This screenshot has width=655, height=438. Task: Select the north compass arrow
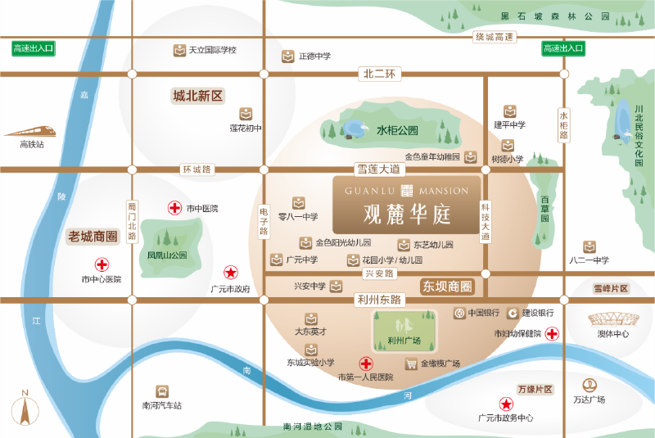pos(25,407)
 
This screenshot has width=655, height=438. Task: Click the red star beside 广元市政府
pos(231,273)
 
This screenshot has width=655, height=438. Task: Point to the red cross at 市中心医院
pos(102,264)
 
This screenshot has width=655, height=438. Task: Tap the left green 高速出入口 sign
pos(33,49)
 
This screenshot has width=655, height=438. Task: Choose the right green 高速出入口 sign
pos(563,49)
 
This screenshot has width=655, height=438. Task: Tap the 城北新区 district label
pos(197,96)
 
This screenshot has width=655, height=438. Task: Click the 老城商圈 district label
pos(93,237)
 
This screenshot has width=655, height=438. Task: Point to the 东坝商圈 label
pos(447,287)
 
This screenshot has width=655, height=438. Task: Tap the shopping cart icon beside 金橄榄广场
pos(411,363)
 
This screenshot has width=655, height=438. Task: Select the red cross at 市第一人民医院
pos(366,363)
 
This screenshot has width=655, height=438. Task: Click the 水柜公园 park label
pos(397,130)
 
